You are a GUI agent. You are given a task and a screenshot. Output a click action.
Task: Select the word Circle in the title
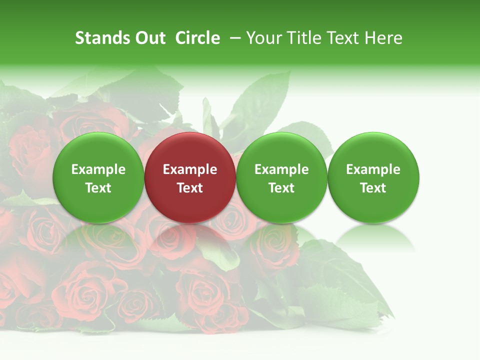click(197, 38)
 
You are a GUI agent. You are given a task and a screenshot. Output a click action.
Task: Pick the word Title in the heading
click(304, 38)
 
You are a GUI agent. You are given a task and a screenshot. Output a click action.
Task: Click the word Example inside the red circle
click(190, 169)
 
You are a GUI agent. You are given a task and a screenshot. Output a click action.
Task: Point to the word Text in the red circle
click(190, 188)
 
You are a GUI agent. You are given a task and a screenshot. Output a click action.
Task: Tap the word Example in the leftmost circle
click(98, 169)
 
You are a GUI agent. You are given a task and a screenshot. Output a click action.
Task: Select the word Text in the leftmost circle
click(98, 188)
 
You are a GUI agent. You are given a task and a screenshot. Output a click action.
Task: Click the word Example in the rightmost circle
click(373, 169)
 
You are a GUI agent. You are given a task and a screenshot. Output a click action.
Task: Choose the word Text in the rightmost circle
click(373, 188)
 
